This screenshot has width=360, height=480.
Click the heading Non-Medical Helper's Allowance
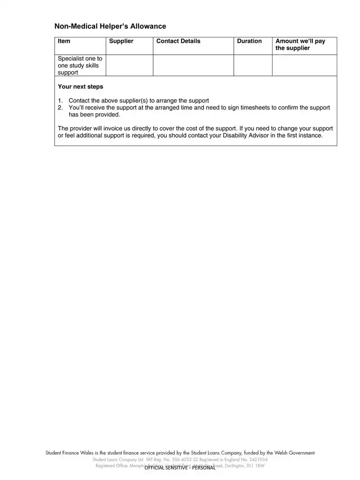[x=110, y=26]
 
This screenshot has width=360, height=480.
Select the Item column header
[x=64, y=41]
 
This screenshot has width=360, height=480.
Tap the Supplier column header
[x=121, y=41]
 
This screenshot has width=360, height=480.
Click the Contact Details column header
[x=179, y=41]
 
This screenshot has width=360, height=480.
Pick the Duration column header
[x=249, y=41]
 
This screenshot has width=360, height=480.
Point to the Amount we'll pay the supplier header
[x=300, y=45]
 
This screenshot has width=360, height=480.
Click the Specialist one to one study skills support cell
[x=80, y=66]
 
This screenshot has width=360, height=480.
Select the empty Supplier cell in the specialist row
[x=129, y=66]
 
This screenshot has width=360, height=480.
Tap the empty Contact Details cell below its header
[x=193, y=66]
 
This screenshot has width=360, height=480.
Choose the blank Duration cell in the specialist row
[x=253, y=66]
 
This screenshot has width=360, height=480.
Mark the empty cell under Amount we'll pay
[x=304, y=66]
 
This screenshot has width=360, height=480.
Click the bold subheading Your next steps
[x=80, y=87]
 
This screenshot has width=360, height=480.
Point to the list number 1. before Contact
[x=60, y=101]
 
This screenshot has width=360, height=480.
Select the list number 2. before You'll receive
[x=60, y=108]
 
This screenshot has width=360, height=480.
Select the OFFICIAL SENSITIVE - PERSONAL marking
[x=180, y=468]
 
